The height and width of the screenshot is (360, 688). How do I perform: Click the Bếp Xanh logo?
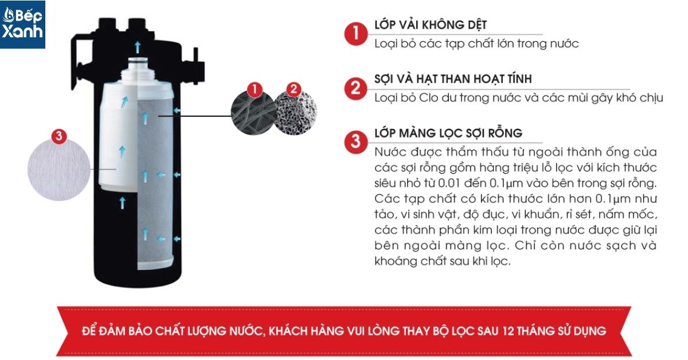pyautogui.click(x=22, y=24)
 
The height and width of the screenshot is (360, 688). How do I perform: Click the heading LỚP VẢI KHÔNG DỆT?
pyautogui.click(x=431, y=25)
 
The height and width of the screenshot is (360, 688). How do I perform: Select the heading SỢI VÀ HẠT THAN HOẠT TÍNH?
pyautogui.click(x=453, y=79)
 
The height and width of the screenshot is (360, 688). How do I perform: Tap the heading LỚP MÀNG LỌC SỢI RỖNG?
pyautogui.click(x=448, y=134)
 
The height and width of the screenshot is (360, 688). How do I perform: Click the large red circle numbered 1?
pyautogui.click(x=355, y=33)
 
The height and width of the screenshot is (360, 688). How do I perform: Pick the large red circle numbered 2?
pyautogui.click(x=355, y=88)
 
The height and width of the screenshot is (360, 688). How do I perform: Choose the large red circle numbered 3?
pyautogui.click(x=355, y=142)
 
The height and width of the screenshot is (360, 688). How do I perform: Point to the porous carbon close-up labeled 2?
pyautogui.click(x=295, y=113)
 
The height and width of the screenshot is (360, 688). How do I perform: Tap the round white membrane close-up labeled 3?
pyautogui.click(x=59, y=169)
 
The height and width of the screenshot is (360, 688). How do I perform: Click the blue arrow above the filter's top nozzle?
pyautogui.click(x=138, y=47)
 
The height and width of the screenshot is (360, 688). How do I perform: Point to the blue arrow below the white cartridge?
pyautogui.click(x=123, y=203)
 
